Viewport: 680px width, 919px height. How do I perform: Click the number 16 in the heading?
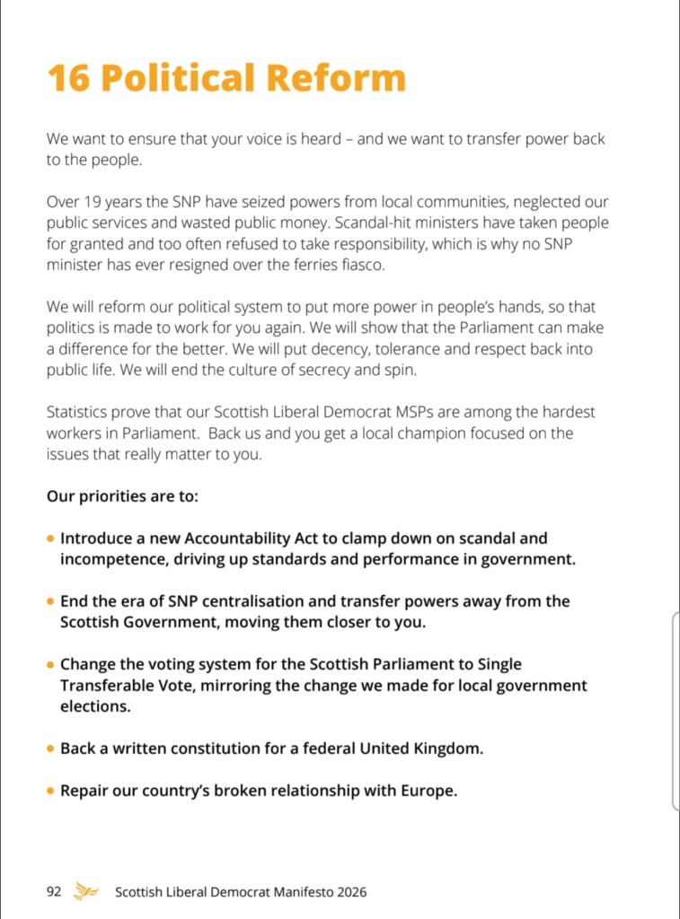(x=66, y=78)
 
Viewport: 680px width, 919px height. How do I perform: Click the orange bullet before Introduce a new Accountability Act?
(x=50, y=539)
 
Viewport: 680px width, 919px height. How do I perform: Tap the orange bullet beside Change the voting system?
(x=50, y=665)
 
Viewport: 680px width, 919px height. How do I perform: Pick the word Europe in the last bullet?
(x=428, y=791)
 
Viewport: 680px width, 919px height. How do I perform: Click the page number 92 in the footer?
(x=54, y=892)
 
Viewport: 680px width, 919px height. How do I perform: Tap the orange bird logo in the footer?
(x=87, y=891)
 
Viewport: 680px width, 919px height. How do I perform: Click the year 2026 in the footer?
(x=349, y=892)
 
